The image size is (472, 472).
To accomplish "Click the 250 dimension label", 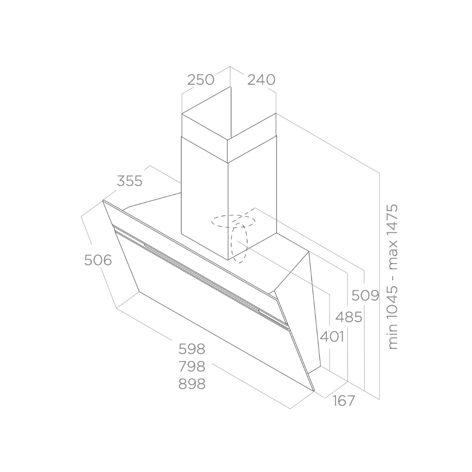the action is point(201,80).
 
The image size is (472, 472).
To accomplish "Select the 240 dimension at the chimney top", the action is point(261,80).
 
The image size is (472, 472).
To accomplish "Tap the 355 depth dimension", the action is point(130,181).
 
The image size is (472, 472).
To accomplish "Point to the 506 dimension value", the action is point(98,260).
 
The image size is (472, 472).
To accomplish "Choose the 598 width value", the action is point(192,349).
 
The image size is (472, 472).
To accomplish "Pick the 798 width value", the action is point(192,366).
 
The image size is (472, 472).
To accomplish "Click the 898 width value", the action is point(192,384).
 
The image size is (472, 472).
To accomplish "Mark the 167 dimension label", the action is point(344,401).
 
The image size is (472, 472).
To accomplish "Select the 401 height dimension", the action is point(332,336).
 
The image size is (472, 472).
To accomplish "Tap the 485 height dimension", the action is point(348,317).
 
